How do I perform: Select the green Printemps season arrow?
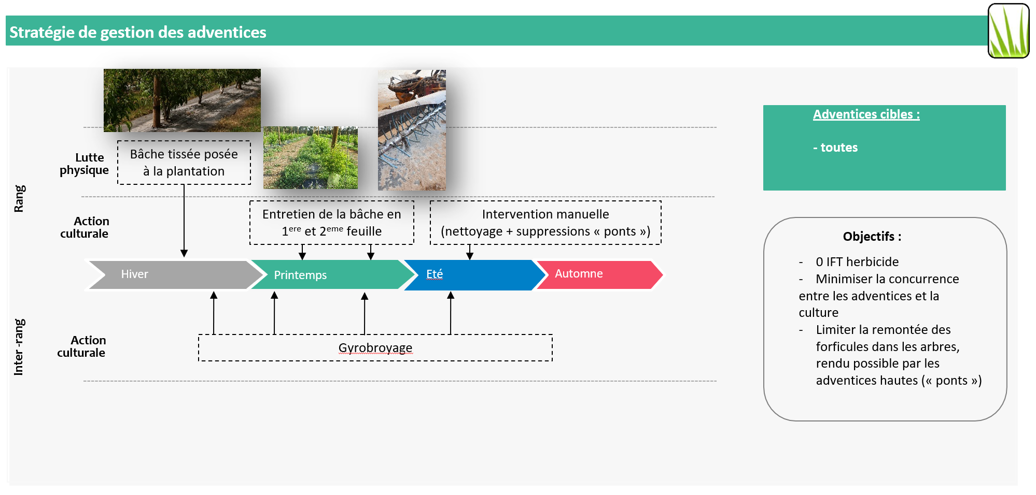327,275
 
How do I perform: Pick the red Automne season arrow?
596,274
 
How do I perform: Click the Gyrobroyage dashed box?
375,348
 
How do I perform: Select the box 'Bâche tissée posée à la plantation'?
184,163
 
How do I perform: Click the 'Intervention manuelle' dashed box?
545,223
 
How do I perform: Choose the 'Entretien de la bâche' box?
332,223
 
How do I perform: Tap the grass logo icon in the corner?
1008,31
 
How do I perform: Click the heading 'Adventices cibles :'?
866,114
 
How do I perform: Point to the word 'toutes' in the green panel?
838,148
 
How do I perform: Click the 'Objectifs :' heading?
872,237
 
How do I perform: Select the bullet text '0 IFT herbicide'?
857,262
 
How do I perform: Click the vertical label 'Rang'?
19,198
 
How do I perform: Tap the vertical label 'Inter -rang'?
19,346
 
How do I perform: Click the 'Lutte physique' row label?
85,164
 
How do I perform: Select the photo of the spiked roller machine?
412,130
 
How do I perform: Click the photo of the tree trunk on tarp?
182,100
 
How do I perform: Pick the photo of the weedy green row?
310,157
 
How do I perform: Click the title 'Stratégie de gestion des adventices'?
138,32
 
